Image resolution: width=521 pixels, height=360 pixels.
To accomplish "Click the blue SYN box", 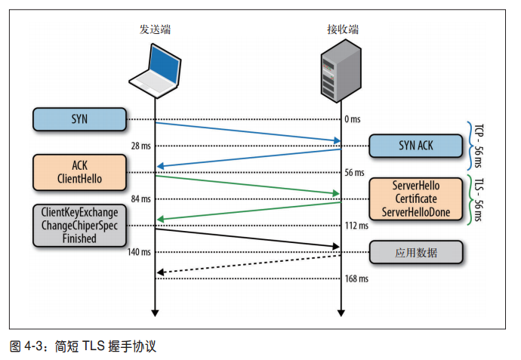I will pyautogui.click(x=79, y=118).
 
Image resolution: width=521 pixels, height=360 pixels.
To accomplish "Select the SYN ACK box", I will pyautogui.click(x=415, y=146).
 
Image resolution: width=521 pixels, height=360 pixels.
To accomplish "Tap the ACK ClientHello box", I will pyautogui.click(x=79, y=172).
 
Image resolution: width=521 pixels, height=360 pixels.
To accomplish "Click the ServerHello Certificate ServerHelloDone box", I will pyautogui.click(x=415, y=198).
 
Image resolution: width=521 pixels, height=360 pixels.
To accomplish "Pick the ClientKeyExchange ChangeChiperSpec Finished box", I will pyautogui.click(x=79, y=226).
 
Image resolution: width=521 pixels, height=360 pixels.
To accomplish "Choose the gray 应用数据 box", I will pyautogui.click(x=415, y=252).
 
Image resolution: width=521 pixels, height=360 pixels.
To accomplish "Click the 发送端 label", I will pyautogui.click(x=155, y=29).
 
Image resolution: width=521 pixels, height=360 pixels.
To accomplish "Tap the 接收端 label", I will pyautogui.click(x=342, y=29).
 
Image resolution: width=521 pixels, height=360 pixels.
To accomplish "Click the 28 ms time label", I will pyautogui.click(x=140, y=146).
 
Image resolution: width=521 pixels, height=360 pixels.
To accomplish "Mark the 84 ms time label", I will pyautogui.click(x=140, y=199).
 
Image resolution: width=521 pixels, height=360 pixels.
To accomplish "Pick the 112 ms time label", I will pyautogui.click(x=356, y=226).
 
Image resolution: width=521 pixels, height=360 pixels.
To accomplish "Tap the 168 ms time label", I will pyautogui.click(x=356, y=279).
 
